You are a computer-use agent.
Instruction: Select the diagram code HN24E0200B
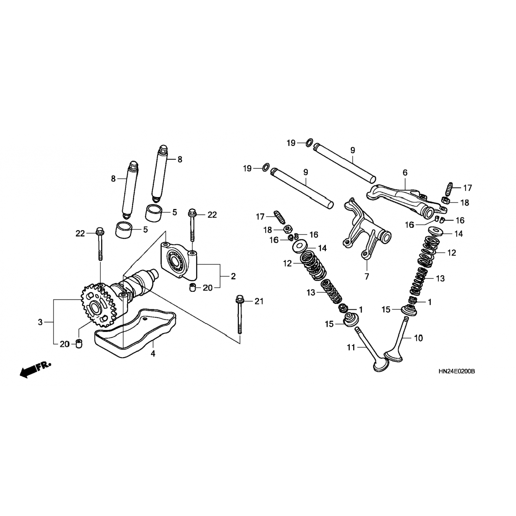point(456,372)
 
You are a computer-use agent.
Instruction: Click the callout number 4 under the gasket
point(153,353)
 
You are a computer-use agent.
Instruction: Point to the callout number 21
point(259,301)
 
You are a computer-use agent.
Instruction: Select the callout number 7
point(367,276)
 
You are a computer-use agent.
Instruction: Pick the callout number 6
point(405,173)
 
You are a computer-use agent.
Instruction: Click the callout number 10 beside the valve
point(418,338)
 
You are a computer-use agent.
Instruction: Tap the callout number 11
point(351,347)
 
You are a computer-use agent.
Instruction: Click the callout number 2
point(233,276)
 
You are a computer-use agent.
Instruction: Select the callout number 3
point(40,322)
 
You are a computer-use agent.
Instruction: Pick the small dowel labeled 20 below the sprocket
point(79,343)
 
